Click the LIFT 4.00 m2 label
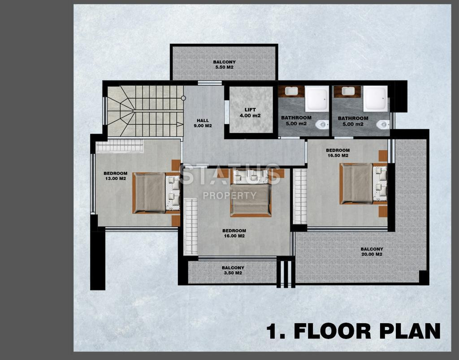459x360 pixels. pyautogui.click(x=250, y=113)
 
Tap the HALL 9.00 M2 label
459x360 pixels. pyautogui.click(x=203, y=123)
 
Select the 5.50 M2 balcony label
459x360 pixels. pyautogui.click(x=224, y=65)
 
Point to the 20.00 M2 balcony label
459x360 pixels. pyautogui.click(x=372, y=252)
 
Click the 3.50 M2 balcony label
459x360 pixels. pyautogui.click(x=233, y=270)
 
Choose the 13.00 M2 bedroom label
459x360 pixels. pyautogui.click(x=115, y=176)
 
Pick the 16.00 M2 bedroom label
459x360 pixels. pyautogui.click(x=234, y=233)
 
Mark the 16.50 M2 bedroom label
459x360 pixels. pyautogui.click(x=338, y=153)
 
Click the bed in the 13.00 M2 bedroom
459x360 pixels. pyautogui.click(x=156, y=193)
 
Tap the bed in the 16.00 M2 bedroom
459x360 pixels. pyautogui.click(x=251, y=193)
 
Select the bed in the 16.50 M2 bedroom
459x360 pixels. pyautogui.click(x=363, y=183)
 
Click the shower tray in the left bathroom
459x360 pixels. pyautogui.click(x=317, y=99)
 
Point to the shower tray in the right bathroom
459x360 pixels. pyautogui.click(x=375, y=99)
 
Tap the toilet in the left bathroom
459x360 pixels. pyautogui.click(x=322, y=125)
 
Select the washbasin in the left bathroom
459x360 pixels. pyautogui.click(x=291, y=91)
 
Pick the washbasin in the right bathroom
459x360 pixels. pyautogui.click(x=348, y=91)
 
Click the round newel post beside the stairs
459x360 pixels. pyautogui.click(x=183, y=98)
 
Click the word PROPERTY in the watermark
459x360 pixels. pyautogui.click(x=230, y=195)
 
